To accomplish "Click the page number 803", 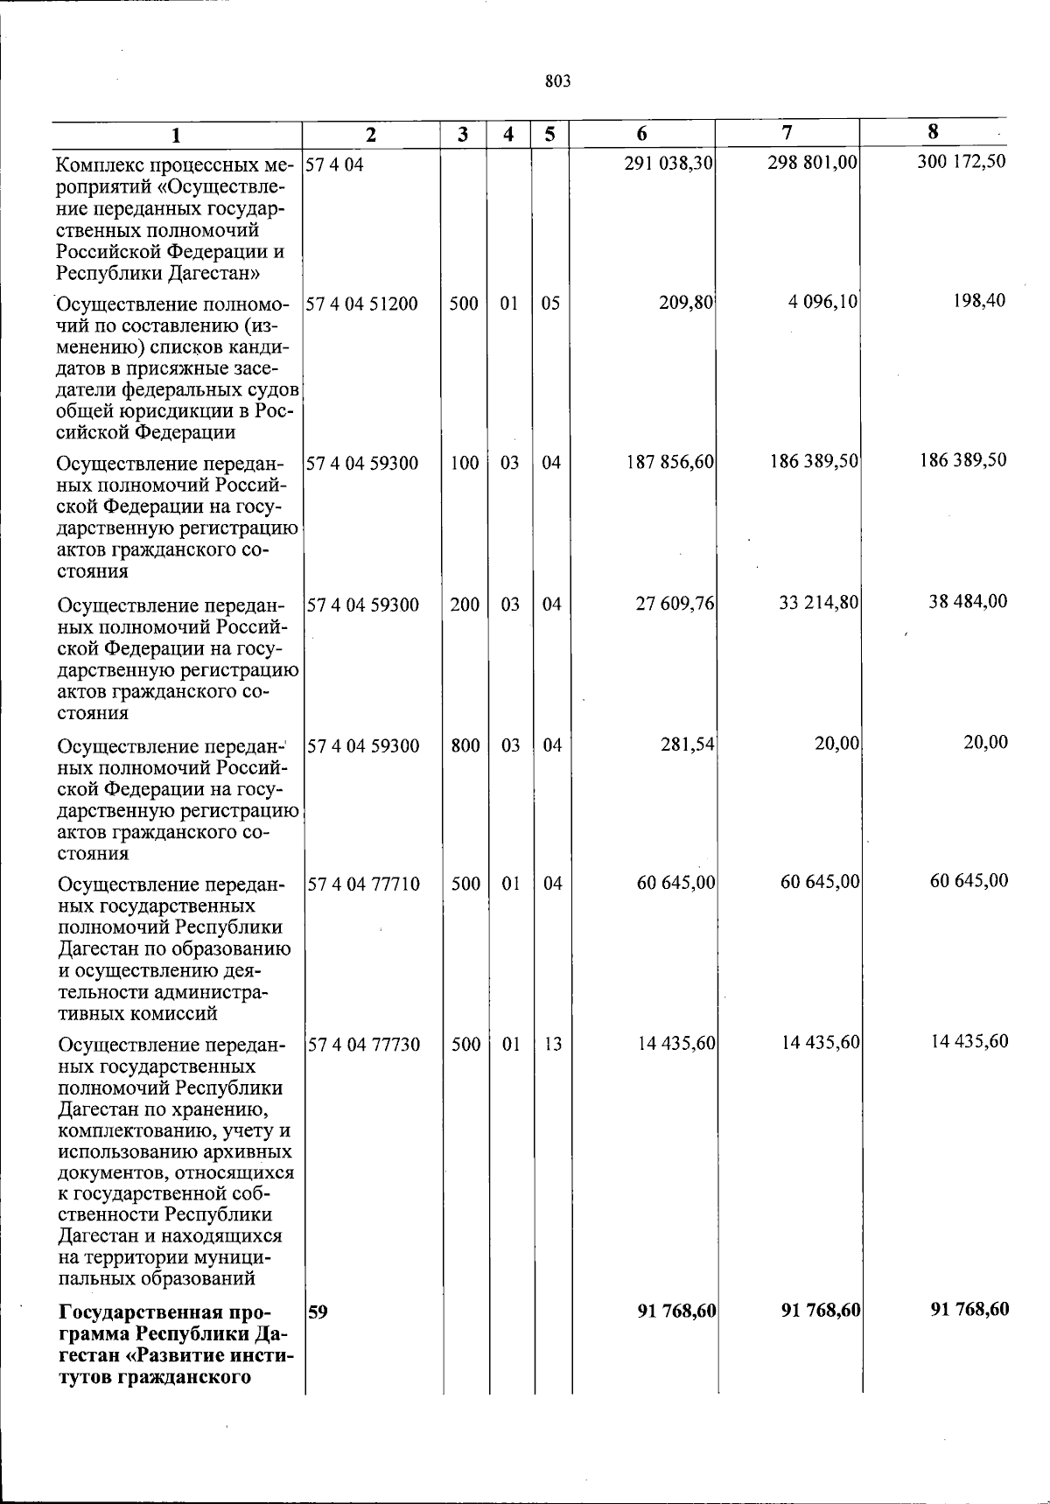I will click(x=557, y=81).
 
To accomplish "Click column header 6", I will click(x=642, y=133).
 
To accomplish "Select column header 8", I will click(x=933, y=132).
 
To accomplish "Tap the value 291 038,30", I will click(x=668, y=164).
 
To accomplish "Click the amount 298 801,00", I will click(x=812, y=163).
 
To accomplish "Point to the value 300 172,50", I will click(x=962, y=162).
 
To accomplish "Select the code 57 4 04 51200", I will click(x=362, y=304).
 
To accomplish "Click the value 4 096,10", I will click(x=822, y=303).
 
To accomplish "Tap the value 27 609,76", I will click(x=675, y=604).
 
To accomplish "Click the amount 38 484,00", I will click(x=968, y=601).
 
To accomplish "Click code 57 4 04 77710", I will click(x=363, y=885).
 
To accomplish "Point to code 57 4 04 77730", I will click(x=363, y=1045).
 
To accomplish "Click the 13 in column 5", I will click(x=552, y=1044).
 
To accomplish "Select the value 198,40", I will click(x=980, y=301).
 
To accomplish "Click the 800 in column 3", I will click(x=465, y=745).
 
